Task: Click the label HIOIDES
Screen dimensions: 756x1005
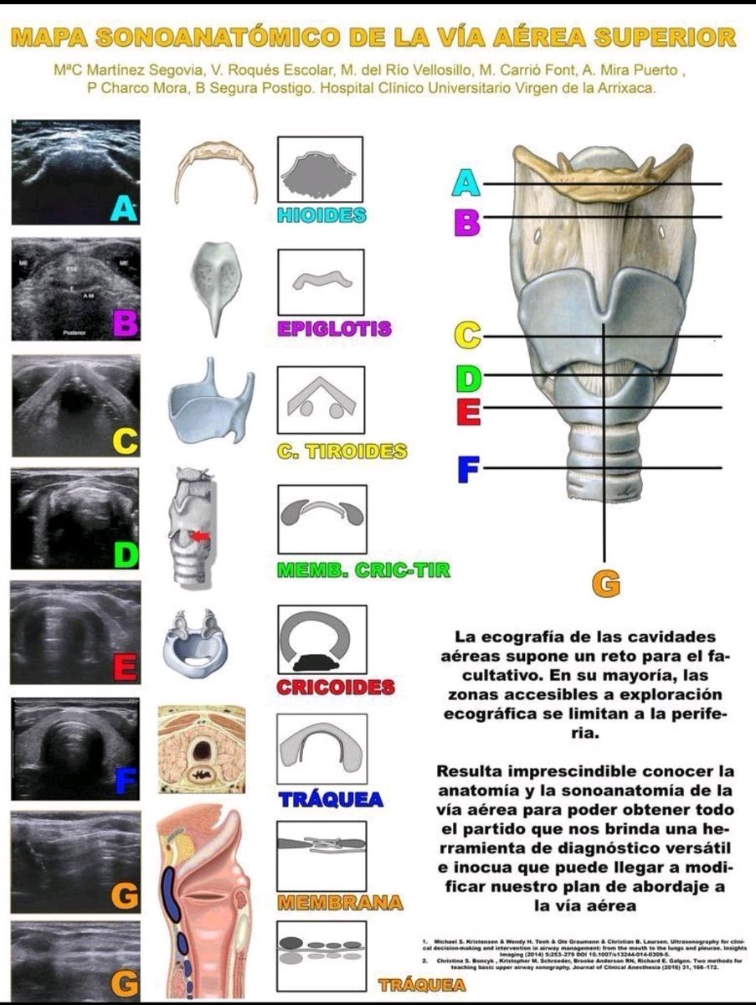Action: pyautogui.click(x=321, y=215)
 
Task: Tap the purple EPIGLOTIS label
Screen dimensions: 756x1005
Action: pyautogui.click(x=334, y=328)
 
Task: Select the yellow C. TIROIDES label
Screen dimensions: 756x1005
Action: pyautogui.click(x=342, y=451)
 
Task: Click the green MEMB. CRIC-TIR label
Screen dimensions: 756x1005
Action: pyautogui.click(x=363, y=571)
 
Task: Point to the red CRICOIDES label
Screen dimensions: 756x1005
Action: pyautogui.click(x=335, y=688)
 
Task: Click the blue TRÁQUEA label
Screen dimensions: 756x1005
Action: pyautogui.click(x=331, y=799)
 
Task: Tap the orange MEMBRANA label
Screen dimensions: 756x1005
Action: pyautogui.click(x=339, y=904)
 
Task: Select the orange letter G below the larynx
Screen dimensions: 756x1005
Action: pyautogui.click(x=606, y=584)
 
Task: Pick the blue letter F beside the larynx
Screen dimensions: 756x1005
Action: pyautogui.click(x=468, y=469)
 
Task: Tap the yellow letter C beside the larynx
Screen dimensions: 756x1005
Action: pyautogui.click(x=467, y=337)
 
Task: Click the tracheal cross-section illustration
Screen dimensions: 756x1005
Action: pyautogui.click(x=202, y=749)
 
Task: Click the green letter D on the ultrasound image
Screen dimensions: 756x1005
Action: pyautogui.click(x=126, y=554)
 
